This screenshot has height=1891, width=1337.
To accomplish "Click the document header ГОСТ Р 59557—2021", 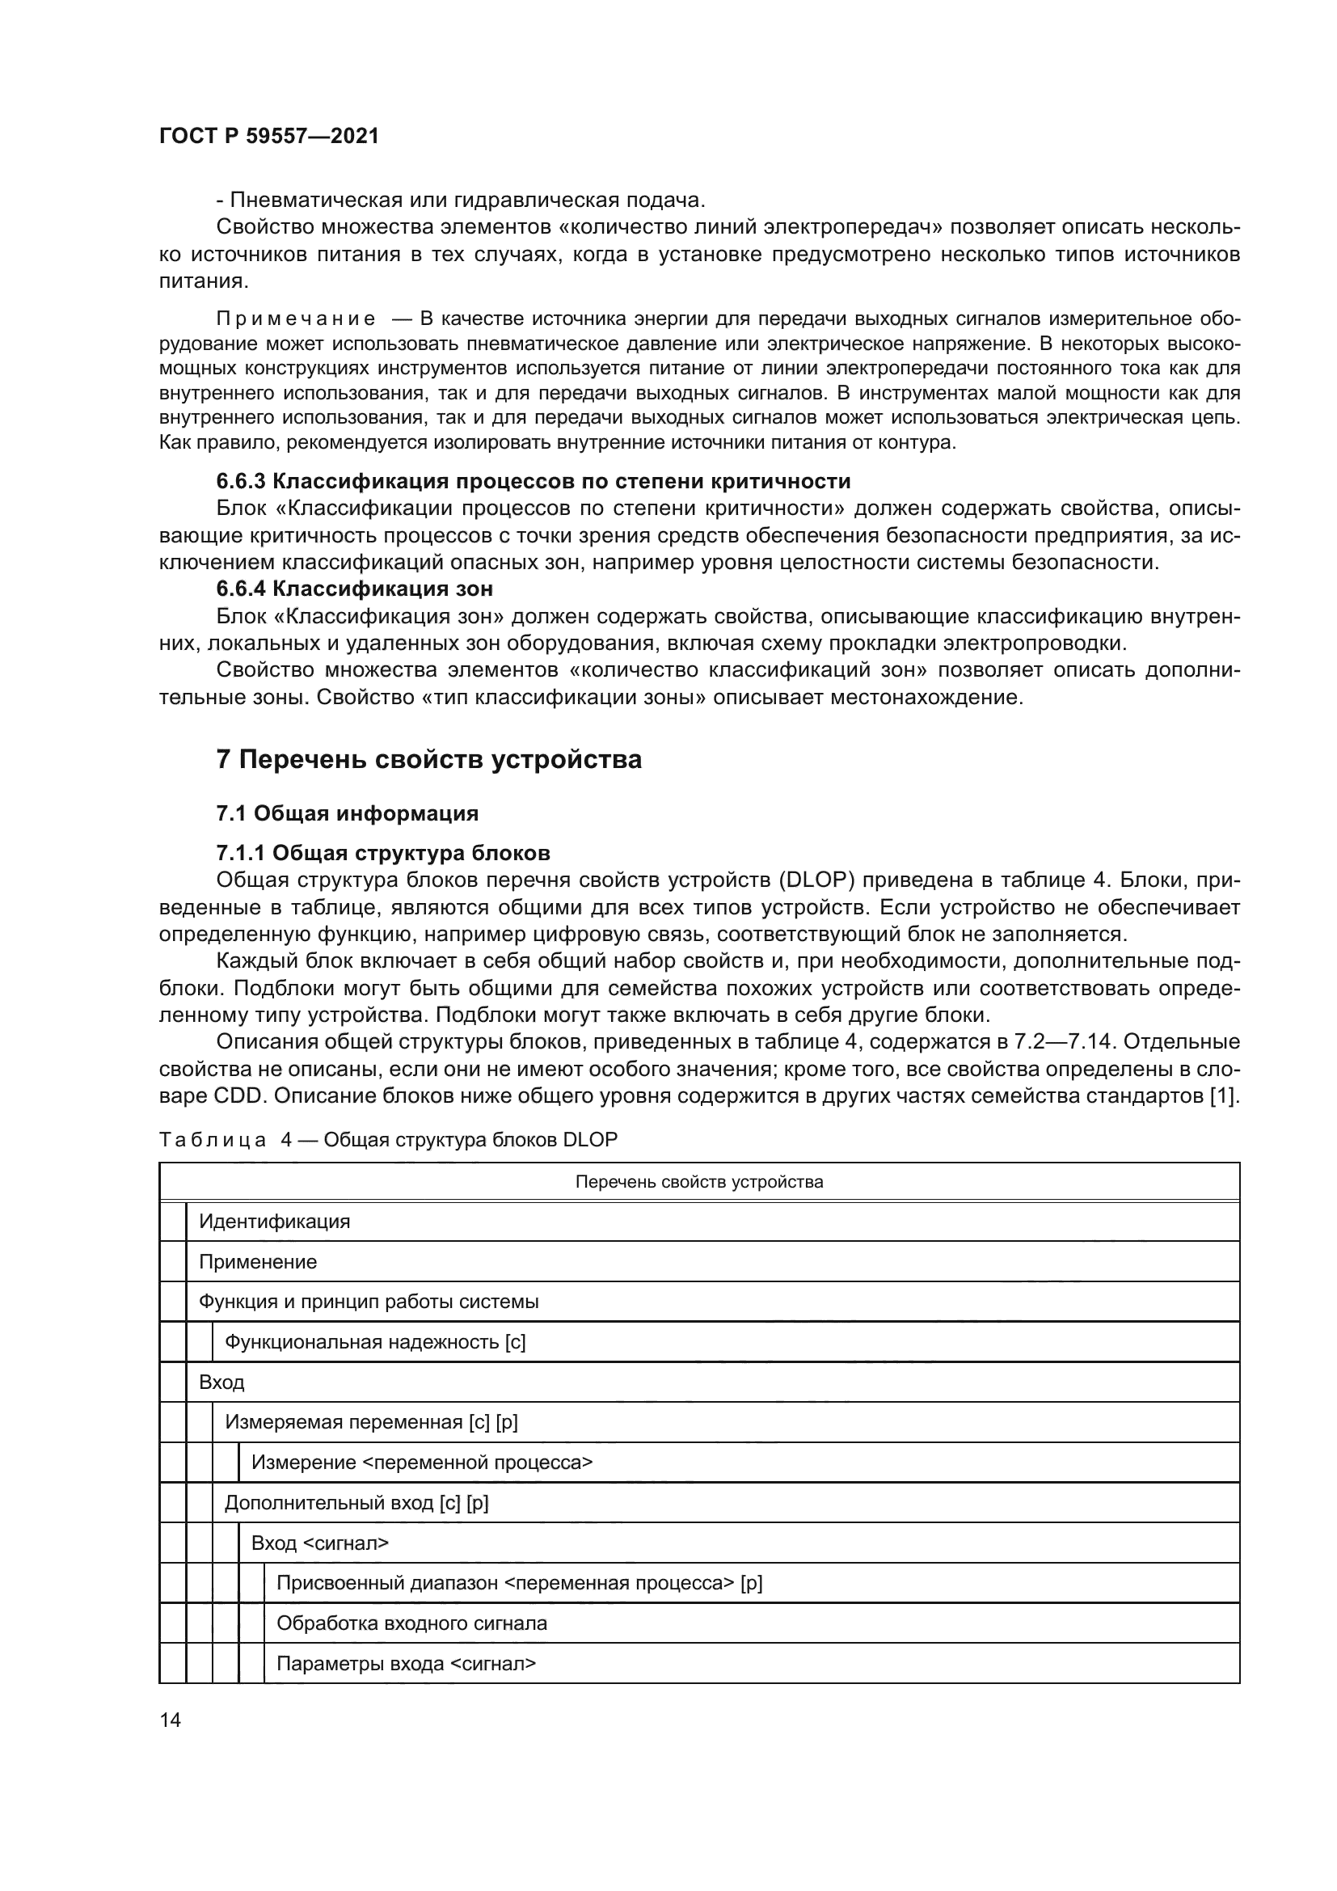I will click(x=269, y=137).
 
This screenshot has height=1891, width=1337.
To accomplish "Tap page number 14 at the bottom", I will click(x=171, y=1720).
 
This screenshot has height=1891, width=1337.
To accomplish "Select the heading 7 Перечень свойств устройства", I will click(x=428, y=758).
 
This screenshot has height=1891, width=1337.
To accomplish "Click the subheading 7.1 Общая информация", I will click(x=347, y=814).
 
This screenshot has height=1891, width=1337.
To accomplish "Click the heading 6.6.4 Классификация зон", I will click(x=354, y=589).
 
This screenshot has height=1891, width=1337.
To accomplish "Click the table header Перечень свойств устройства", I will click(x=699, y=1182).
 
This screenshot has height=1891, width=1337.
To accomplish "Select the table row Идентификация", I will click(x=274, y=1222).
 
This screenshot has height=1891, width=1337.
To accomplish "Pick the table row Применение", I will click(x=258, y=1262).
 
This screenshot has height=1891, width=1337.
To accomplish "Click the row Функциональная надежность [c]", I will click(x=374, y=1343).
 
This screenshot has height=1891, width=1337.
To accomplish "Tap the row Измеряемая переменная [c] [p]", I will click(x=371, y=1422).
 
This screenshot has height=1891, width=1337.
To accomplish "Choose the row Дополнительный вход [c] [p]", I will click(x=356, y=1503).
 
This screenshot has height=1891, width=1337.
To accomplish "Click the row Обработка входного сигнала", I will click(x=411, y=1623).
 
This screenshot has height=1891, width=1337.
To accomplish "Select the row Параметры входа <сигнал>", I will click(x=406, y=1664).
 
